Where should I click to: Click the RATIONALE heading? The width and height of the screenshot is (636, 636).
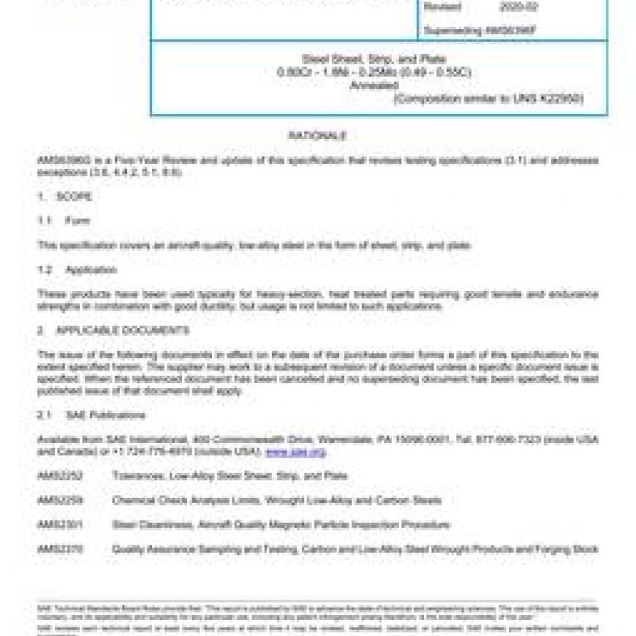(x=317, y=136)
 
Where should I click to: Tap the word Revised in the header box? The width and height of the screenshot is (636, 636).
(x=444, y=7)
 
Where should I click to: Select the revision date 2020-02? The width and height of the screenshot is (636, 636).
(x=518, y=7)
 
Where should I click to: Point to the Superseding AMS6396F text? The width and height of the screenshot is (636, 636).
(x=479, y=31)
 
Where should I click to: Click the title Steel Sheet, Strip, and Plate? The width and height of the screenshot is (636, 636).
(x=374, y=58)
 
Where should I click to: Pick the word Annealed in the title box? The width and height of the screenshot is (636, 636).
(x=374, y=85)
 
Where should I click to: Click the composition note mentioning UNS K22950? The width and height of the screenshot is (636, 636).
(x=488, y=99)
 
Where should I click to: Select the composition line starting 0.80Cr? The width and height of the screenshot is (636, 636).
(x=374, y=72)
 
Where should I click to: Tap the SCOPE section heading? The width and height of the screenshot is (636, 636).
(x=74, y=197)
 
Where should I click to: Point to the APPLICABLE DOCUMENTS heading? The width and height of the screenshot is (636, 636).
(x=122, y=330)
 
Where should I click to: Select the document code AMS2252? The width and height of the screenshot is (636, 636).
(x=60, y=476)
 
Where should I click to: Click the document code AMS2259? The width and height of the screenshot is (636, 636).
(x=60, y=501)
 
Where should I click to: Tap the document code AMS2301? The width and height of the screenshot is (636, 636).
(x=60, y=525)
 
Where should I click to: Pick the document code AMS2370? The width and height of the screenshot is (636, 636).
(x=60, y=549)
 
